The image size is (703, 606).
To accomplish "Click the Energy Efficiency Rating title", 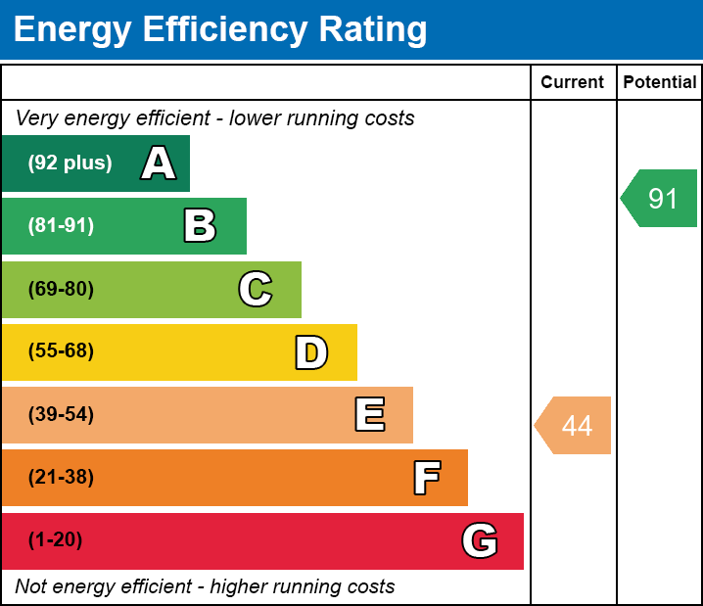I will pos(220,30).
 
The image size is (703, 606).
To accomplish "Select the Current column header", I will pos(573,83).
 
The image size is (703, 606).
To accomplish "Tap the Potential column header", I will pos(660,83).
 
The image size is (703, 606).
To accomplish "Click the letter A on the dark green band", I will pos(159,163).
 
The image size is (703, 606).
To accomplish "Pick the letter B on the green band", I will pos(200,226).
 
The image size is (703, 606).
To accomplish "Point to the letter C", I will pos(256,289).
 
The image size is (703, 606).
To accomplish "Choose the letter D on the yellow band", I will pos(311,352).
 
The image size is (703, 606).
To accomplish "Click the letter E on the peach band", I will pos(369,415).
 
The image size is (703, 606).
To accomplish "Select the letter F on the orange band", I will pos(426,478).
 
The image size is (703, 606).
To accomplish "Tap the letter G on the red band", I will pos(480,540).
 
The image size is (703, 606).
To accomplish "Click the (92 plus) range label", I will pos(70,163).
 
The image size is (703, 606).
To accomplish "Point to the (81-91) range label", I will pos(61,226).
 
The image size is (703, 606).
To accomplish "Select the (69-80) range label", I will pos(61,289).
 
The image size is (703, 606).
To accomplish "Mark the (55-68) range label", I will pos(61,351).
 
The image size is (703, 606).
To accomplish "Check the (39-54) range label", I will pos(61,415).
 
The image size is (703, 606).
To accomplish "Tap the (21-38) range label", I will pos(61,478).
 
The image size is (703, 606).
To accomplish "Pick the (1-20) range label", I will pos(56,540).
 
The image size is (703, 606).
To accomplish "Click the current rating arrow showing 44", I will pos(575,426).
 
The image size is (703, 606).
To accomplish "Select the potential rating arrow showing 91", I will pos(661,199).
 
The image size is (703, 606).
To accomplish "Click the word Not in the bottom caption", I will pos(31,586).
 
